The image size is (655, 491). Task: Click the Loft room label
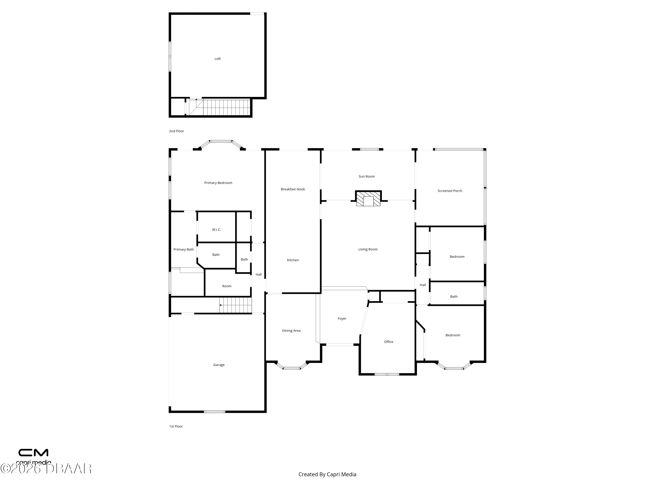pos(218,59)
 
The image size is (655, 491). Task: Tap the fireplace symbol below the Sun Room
pos(368,199)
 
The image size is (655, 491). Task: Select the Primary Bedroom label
pos(218,183)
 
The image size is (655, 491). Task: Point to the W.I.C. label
pos(216,230)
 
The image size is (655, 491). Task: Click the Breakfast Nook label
pos(293,189)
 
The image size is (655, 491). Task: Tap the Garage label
pos(219,365)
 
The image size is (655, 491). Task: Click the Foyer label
pos(342,318)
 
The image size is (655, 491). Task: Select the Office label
pos(388,342)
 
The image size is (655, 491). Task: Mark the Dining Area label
pos(291,331)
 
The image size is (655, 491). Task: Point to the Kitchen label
pos(293,260)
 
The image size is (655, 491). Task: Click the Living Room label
pos(368,249)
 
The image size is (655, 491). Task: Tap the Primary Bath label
pos(184,249)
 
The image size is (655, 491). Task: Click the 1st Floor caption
pos(176,426)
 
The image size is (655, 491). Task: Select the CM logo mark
pos(33,453)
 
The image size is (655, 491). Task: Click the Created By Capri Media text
pos(327,474)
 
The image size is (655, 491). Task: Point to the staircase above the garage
pos(235,305)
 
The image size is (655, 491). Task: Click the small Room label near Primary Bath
pos(227,286)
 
